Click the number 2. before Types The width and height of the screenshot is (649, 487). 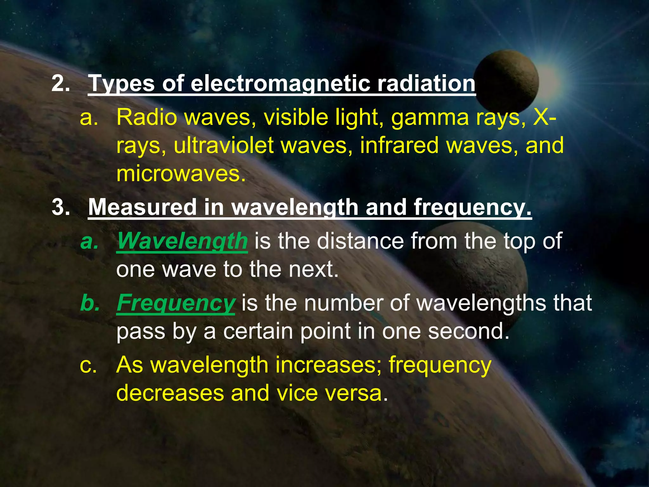pyautogui.click(x=61, y=83)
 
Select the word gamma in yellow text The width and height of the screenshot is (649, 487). pyautogui.click(x=430, y=118)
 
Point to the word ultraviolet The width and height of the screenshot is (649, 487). pyautogui.click(x=224, y=146)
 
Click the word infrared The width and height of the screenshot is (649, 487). pyautogui.click(x=399, y=146)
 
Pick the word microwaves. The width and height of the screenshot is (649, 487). pyautogui.click(x=181, y=174)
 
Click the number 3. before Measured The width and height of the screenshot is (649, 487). pyautogui.click(x=61, y=207)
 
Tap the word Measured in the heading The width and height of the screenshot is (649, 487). pyautogui.click(x=142, y=207)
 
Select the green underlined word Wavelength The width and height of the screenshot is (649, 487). pyautogui.click(x=182, y=241)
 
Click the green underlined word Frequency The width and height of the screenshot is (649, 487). pyautogui.click(x=176, y=303)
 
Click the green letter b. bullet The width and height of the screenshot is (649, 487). pyautogui.click(x=90, y=303)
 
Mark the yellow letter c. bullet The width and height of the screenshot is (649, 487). pyautogui.click(x=88, y=365)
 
